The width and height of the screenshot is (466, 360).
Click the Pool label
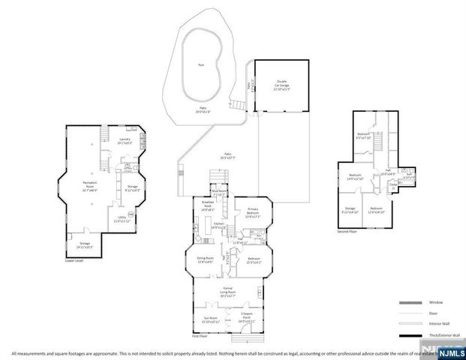pos(200,64)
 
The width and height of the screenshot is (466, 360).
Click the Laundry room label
pos(125,140)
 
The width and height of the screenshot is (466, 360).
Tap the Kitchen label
pos(218,226)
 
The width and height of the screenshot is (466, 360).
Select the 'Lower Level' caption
pos(74,260)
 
